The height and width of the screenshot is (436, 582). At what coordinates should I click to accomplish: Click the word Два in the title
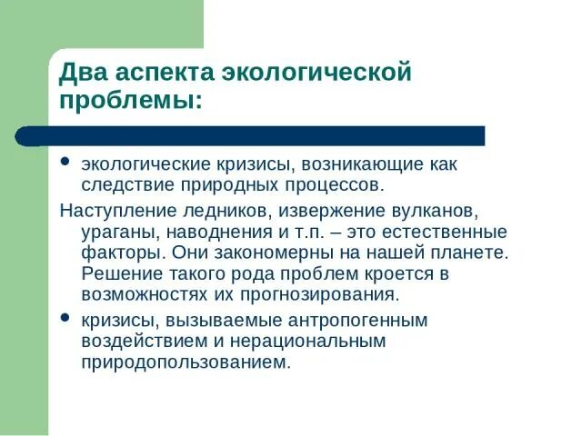(x=84, y=72)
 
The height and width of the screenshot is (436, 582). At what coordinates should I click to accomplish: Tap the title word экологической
(x=322, y=72)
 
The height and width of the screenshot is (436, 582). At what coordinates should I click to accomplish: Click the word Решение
(x=116, y=273)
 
